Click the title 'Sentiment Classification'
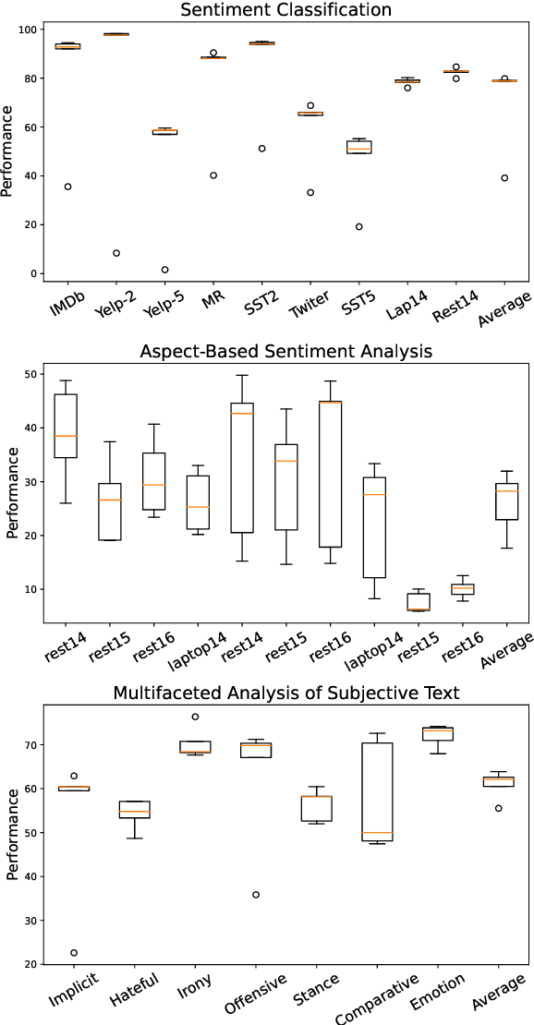tap(285, 10)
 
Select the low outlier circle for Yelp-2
tap(116, 253)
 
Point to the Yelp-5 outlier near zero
tap(164, 270)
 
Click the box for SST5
tap(358, 146)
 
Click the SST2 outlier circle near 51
tap(261, 149)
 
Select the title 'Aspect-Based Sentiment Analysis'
tap(285, 352)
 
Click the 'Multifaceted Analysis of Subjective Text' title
tap(285, 693)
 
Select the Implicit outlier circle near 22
tap(74, 953)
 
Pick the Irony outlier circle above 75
tap(196, 717)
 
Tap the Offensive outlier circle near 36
tap(256, 895)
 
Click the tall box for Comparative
tap(377, 792)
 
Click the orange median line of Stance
tap(317, 796)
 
